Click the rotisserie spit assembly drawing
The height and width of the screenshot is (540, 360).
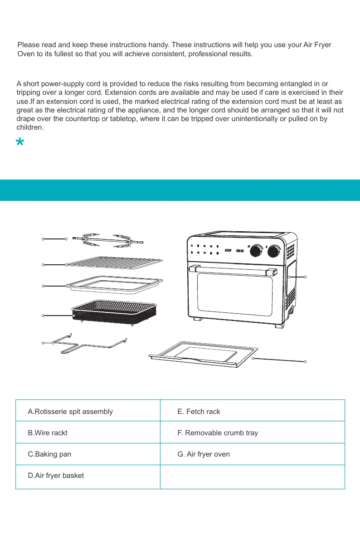coord(107,240)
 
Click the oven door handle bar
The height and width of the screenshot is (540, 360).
coord(234,270)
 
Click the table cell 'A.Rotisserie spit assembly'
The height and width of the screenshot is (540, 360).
coord(70,412)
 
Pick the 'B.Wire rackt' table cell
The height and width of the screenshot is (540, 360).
coord(48,433)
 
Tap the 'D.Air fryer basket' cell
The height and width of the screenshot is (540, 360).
coord(56,476)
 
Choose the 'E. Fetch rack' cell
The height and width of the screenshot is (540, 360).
coord(199,412)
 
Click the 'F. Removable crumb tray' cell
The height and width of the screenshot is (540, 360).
coord(218,433)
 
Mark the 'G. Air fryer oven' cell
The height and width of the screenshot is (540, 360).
coord(204,454)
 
